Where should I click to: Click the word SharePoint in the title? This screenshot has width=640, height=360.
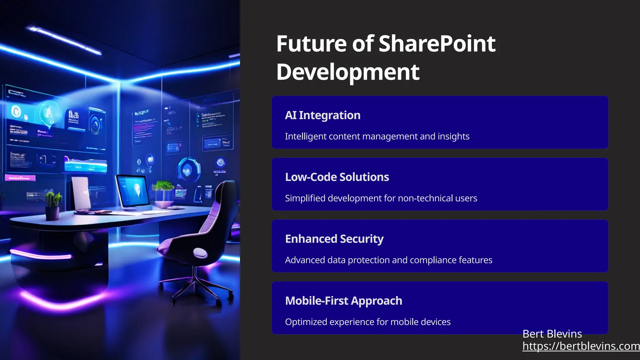pyautogui.click(x=437, y=44)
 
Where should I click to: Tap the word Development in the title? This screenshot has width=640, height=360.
pyautogui.click(x=347, y=72)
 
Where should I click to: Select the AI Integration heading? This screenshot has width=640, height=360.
pyautogui.click(x=322, y=115)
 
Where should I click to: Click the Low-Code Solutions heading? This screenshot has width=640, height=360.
pyautogui.click(x=337, y=177)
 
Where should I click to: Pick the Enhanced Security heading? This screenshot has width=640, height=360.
pyautogui.click(x=334, y=239)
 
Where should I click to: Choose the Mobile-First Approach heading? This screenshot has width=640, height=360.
pyautogui.click(x=343, y=301)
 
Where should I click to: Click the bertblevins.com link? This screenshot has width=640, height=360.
pyautogui.click(x=581, y=346)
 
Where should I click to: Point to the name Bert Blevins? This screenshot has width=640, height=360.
pyautogui.click(x=552, y=334)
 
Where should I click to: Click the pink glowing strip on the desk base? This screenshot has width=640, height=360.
pyautogui.click(x=41, y=255)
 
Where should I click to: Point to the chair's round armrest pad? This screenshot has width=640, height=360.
pyautogui.click(x=200, y=252)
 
